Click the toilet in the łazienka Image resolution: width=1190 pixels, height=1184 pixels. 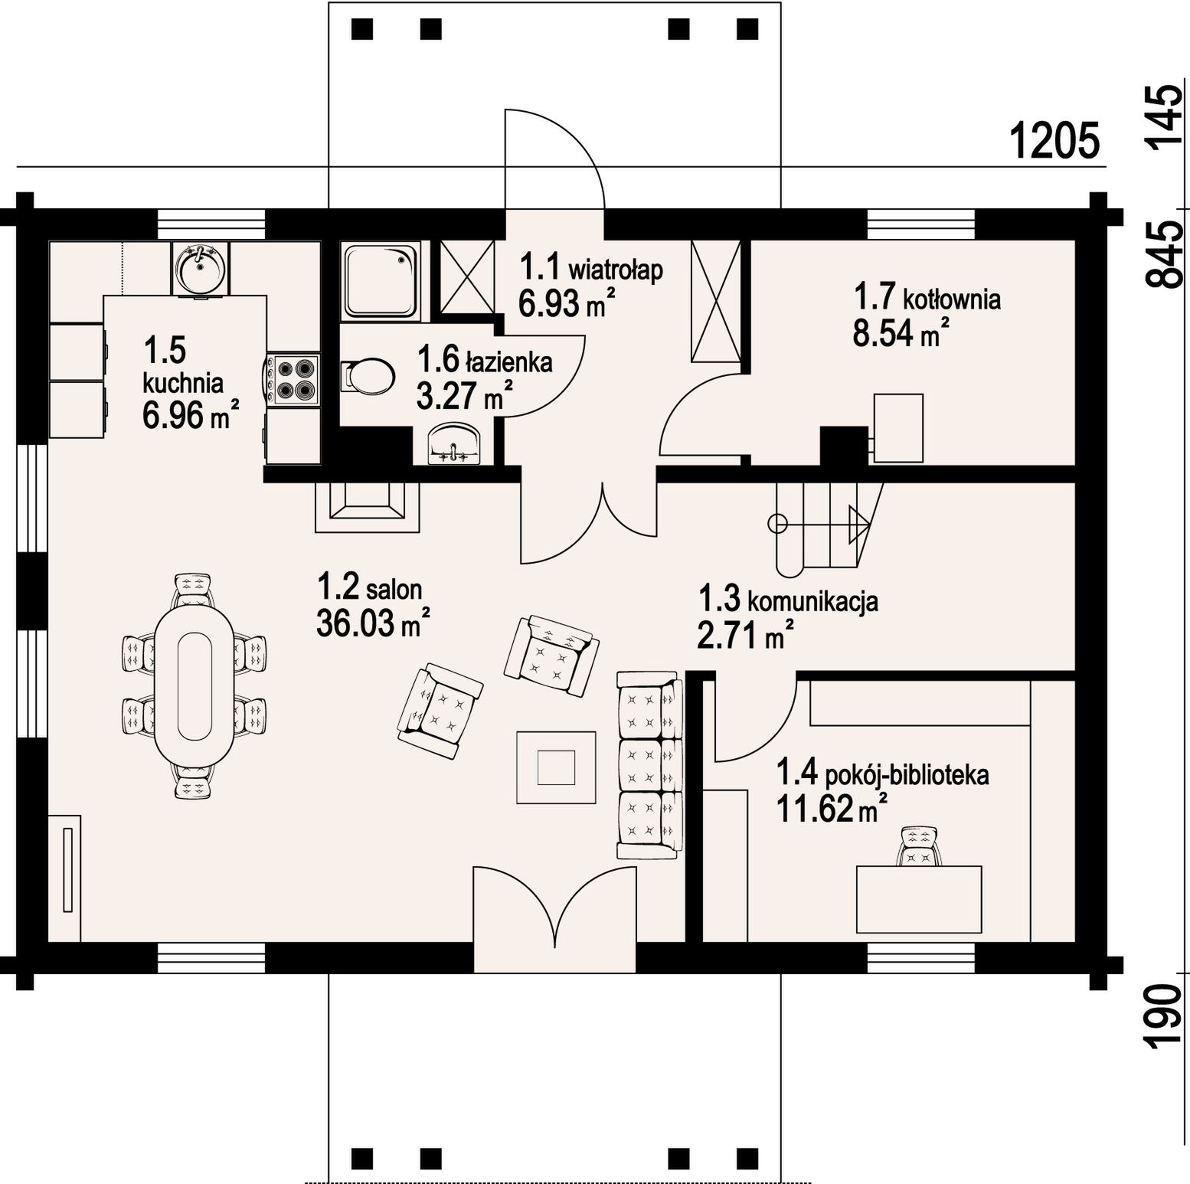click(368, 376)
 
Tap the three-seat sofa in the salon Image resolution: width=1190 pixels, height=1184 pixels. click(650, 764)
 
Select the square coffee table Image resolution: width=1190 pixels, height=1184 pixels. click(556, 767)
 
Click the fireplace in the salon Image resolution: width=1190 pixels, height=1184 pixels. click(368, 506)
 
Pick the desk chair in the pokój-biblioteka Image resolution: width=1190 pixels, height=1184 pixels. click(918, 846)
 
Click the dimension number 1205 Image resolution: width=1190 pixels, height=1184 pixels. click(1054, 141)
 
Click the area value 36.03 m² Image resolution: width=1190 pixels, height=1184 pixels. click(372, 623)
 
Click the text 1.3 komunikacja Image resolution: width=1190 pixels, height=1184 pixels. click(788, 600)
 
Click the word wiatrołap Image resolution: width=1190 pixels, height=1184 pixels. click(615, 271)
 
